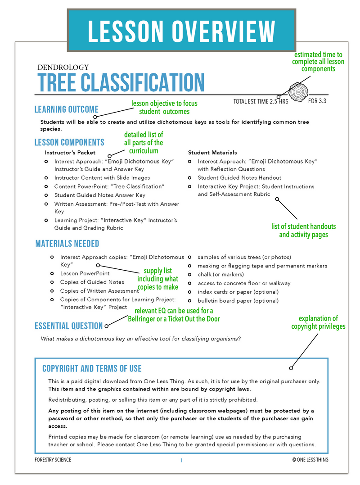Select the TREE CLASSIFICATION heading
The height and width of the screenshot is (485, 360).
(121, 82)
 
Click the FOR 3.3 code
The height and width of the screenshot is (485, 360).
(317, 101)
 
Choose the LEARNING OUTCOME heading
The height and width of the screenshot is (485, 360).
(66, 109)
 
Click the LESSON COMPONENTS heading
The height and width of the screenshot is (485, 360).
(69, 142)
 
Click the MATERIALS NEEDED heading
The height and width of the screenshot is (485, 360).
(67, 244)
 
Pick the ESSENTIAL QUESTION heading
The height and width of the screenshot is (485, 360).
(68, 326)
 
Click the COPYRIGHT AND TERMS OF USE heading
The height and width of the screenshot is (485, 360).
(92, 369)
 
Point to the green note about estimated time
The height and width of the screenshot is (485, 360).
(318, 62)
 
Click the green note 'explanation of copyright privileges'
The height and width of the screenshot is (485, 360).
(318, 322)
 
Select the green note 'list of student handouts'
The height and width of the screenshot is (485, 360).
(303, 230)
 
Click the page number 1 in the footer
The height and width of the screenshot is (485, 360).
(181, 460)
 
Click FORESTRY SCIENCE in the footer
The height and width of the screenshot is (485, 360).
(53, 460)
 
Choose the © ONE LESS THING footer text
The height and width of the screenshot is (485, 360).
(310, 460)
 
